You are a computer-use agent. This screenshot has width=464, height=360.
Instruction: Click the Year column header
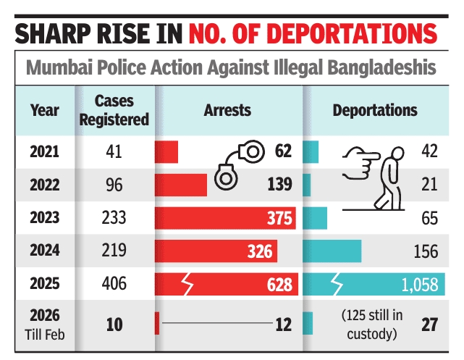point(45,111)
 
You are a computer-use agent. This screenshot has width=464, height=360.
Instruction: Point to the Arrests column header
point(227,111)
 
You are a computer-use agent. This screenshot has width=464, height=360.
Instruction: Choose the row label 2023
point(45,218)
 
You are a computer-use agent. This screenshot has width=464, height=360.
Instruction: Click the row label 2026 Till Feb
point(45,323)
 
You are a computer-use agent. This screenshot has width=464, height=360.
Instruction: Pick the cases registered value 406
point(114,284)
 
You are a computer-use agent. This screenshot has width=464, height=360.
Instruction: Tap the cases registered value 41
point(114,152)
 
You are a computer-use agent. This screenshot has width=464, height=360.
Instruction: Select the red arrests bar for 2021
point(166,152)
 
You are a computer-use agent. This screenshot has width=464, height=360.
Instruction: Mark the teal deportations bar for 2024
point(331,251)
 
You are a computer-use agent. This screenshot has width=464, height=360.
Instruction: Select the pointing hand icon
point(354,160)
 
